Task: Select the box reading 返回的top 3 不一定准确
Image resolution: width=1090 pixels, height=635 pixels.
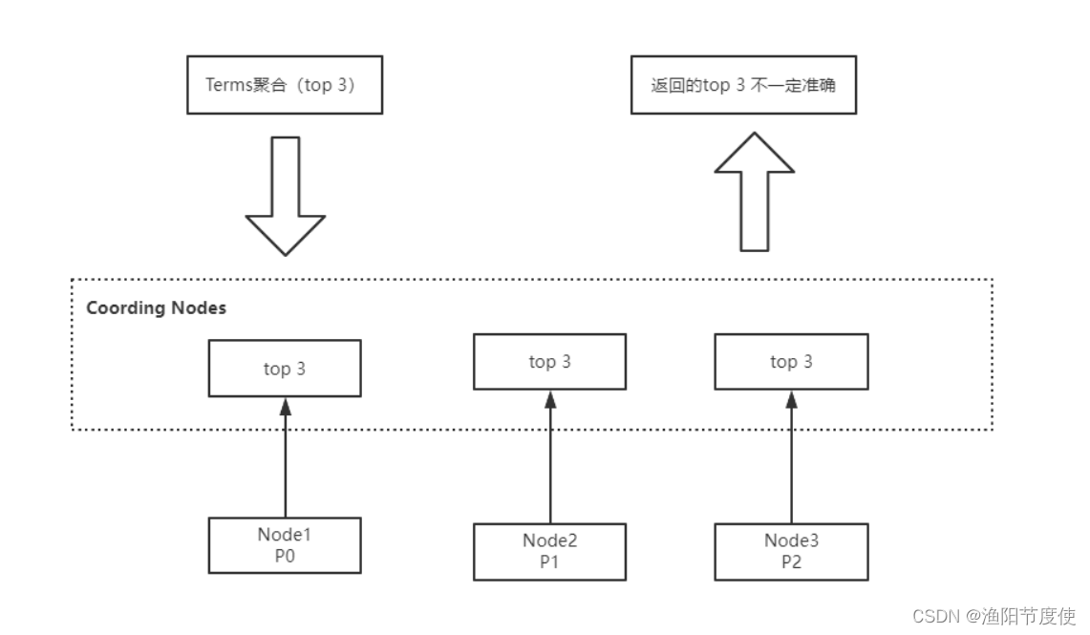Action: coord(742,84)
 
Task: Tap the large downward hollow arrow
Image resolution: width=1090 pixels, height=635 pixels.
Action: coord(286,196)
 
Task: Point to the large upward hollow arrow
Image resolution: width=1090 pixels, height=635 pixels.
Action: coord(755,196)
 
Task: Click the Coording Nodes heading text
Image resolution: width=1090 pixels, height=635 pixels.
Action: coord(156,308)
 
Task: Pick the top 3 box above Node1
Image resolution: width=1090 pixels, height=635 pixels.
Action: coord(285,369)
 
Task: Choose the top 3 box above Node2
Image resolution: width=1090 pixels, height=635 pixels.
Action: coord(549,362)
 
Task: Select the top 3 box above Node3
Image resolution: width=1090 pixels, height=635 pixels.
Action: coord(791,362)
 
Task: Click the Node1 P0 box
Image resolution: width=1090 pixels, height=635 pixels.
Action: coord(285,545)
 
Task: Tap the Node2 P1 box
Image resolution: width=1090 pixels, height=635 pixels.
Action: coord(549,551)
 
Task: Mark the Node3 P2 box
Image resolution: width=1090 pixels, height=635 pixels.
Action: coord(791,551)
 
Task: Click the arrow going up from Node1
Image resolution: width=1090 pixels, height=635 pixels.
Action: coord(285,458)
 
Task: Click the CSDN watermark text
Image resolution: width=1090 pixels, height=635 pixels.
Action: coord(934,616)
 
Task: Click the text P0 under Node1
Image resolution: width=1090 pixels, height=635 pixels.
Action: coord(285,556)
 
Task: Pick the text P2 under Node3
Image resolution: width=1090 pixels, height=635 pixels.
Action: coord(791,561)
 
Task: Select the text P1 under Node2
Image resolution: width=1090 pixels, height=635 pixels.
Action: coord(549,561)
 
